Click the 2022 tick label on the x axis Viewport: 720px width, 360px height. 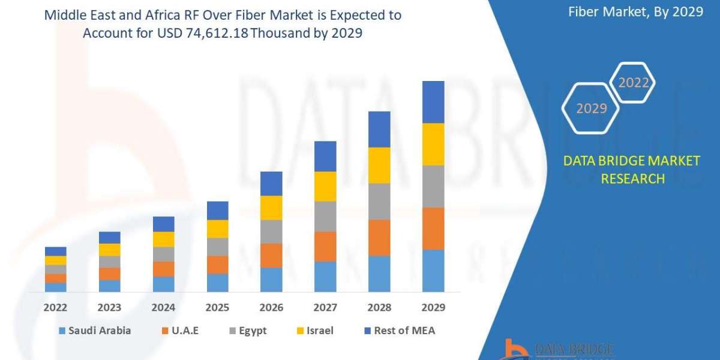pyautogui.click(x=56, y=308)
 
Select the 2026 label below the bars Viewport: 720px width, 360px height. pyautogui.click(x=271, y=308)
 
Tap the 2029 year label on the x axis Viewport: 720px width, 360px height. pyautogui.click(x=433, y=308)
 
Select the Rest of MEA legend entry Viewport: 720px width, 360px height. pyautogui.click(x=398, y=331)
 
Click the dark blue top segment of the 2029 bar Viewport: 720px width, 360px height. pyautogui.click(x=433, y=102)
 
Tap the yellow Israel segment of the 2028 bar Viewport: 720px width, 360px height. pyautogui.click(x=379, y=165)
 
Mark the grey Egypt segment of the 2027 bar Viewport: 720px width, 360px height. pyautogui.click(x=325, y=216)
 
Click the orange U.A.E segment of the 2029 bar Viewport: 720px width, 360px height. pyautogui.click(x=433, y=229)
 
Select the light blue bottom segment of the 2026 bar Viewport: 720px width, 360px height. pyautogui.click(x=271, y=280)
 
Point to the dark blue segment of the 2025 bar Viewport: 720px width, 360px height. pyautogui.click(x=218, y=211)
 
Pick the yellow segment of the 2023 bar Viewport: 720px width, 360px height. pyautogui.click(x=110, y=250)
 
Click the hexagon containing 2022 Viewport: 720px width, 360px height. pyautogui.click(x=633, y=83)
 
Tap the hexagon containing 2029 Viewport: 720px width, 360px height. pyautogui.click(x=591, y=108)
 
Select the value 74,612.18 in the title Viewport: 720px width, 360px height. pyautogui.click(x=212, y=34)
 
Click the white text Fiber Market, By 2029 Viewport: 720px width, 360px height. pyautogui.click(x=635, y=12)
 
